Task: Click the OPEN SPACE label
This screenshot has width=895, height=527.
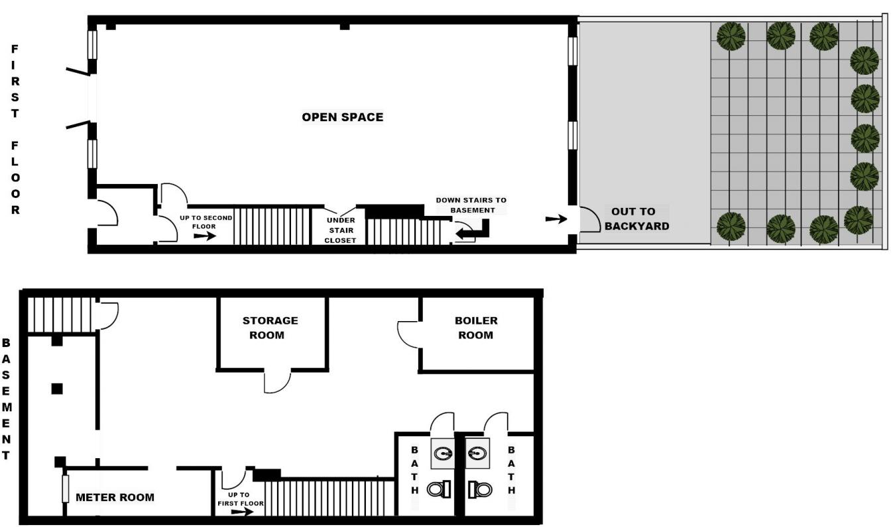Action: [342, 117]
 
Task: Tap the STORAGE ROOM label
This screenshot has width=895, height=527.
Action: [270, 328]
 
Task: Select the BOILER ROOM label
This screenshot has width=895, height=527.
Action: [475, 328]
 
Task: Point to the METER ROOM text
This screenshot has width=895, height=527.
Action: [115, 497]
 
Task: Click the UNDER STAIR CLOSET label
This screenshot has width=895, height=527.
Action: [341, 230]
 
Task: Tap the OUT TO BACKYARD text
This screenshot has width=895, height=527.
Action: [636, 219]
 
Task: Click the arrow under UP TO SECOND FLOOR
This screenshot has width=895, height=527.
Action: [206, 236]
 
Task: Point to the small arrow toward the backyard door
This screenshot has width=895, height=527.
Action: [556, 219]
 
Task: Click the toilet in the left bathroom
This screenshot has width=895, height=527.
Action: [438, 489]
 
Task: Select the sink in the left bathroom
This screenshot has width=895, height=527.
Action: [444, 454]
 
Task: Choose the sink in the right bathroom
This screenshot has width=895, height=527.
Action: [476, 454]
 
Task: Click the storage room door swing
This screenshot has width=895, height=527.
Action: [278, 382]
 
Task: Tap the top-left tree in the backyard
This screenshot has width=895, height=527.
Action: [731, 36]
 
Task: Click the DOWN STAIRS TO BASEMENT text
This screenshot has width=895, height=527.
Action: [470, 205]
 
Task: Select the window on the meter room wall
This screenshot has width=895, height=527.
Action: [65, 489]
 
